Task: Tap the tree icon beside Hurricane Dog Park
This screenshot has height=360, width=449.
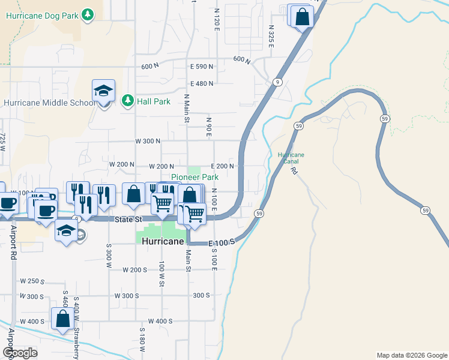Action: (88, 14)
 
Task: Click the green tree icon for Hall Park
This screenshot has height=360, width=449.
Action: (127, 101)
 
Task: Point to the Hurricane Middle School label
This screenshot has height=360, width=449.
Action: (48, 103)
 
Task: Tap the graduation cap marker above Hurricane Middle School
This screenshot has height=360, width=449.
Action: (103, 92)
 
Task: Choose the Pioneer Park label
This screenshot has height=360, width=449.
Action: (195, 177)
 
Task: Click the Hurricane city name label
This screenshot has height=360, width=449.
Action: (163, 241)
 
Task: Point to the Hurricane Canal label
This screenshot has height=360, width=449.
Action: (291, 158)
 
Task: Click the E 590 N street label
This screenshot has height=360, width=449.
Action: (201, 67)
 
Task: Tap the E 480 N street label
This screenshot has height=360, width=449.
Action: (201, 83)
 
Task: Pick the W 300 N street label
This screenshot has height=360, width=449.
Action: (148, 141)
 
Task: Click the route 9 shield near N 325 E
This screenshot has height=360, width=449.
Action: (277, 82)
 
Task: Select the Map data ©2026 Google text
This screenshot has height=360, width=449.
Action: (411, 355)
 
